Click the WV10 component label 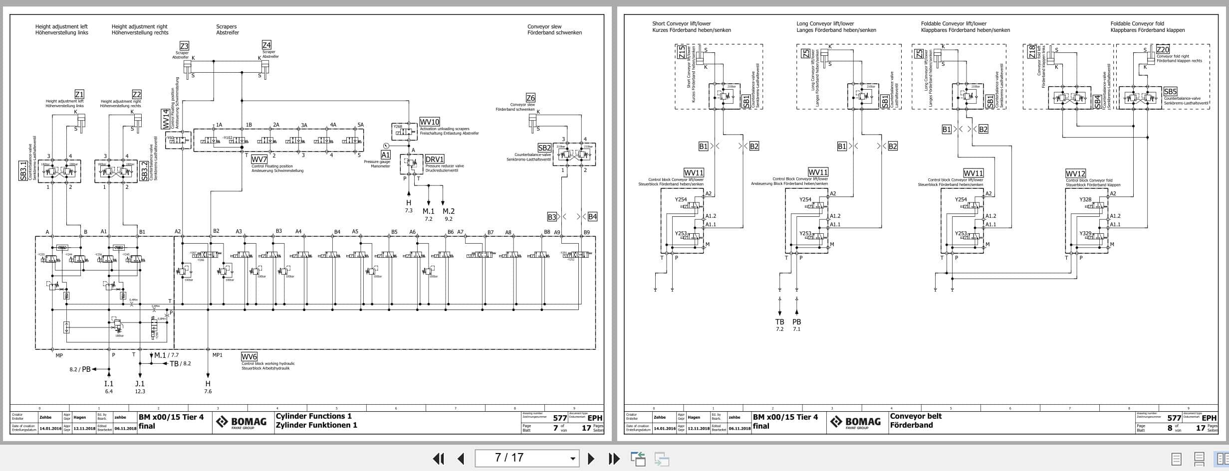click(429, 122)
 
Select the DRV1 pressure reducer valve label click(434, 159)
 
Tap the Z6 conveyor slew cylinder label click(530, 98)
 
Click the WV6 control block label click(249, 357)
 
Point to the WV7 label click(259, 159)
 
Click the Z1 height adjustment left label click(79, 94)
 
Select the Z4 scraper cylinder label click(266, 45)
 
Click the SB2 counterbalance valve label click(544, 148)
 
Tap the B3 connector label click(551, 217)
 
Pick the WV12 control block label click(1075, 173)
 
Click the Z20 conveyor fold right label click(1163, 49)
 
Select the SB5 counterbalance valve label click(1170, 92)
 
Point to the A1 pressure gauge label click(385, 155)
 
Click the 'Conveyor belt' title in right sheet click(916, 416)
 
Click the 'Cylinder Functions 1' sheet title click(313, 416)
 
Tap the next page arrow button click(591, 459)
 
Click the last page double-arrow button click(614, 459)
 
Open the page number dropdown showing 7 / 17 click(572, 459)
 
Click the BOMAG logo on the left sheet click(241, 423)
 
